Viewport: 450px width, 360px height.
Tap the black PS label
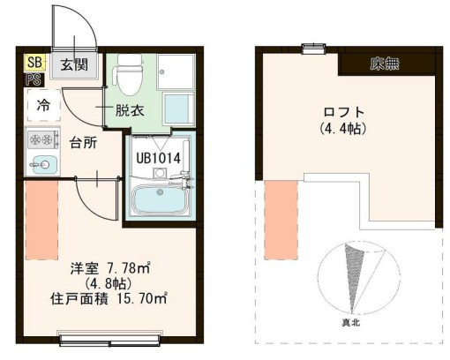pyautogui.click(x=31, y=79)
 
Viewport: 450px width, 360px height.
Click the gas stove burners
pyautogui.click(x=40, y=139)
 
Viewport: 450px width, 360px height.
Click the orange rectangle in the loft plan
pyautogui.click(x=281, y=213)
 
